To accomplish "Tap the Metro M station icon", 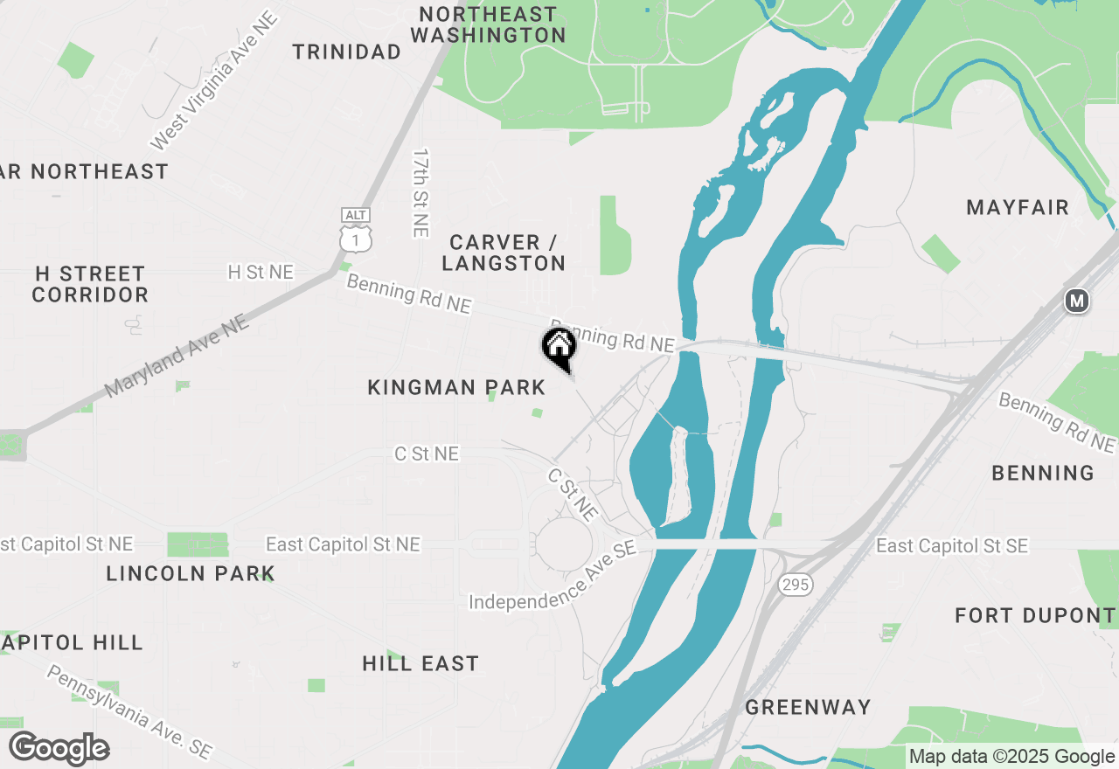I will [x=1077, y=301].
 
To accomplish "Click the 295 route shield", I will [x=796, y=585].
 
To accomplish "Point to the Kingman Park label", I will [x=456, y=387].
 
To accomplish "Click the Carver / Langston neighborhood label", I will [x=504, y=253].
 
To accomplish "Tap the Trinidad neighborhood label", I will [x=347, y=52].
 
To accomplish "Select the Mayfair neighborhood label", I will [x=1018, y=208].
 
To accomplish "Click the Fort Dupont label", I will [x=1035, y=615].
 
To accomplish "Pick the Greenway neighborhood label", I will [x=808, y=707].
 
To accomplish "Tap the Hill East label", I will [x=420, y=664].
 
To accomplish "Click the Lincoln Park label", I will [x=191, y=574].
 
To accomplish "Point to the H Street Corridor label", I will [x=90, y=284].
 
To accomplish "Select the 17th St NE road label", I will [x=421, y=192].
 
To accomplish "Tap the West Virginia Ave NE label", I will [x=213, y=80].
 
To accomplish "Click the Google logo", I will [x=59, y=749].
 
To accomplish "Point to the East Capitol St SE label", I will [x=952, y=546].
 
